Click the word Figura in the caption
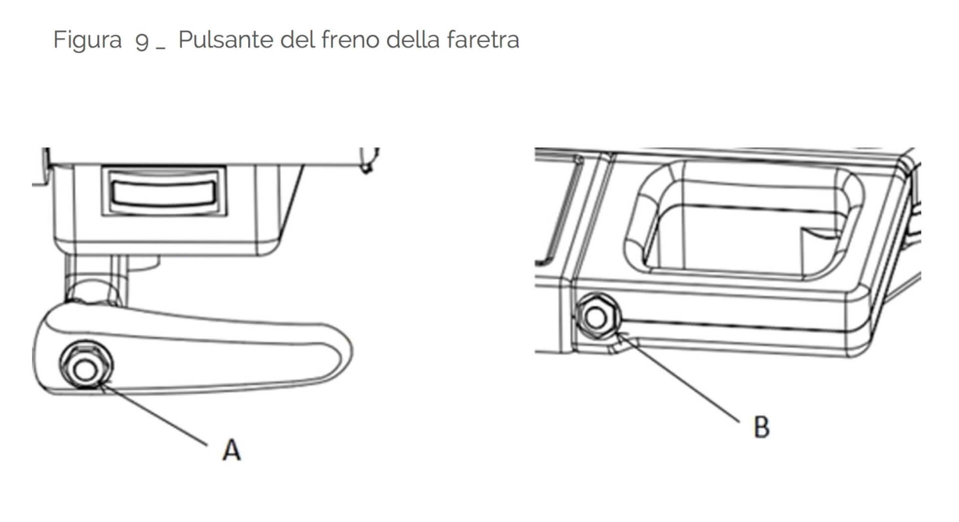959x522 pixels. click(87, 40)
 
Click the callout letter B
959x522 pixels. click(761, 427)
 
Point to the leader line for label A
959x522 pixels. click(153, 413)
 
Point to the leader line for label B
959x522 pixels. click(678, 377)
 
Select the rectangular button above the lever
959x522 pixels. click(164, 192)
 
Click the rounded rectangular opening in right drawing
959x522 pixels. click(744, 220)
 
